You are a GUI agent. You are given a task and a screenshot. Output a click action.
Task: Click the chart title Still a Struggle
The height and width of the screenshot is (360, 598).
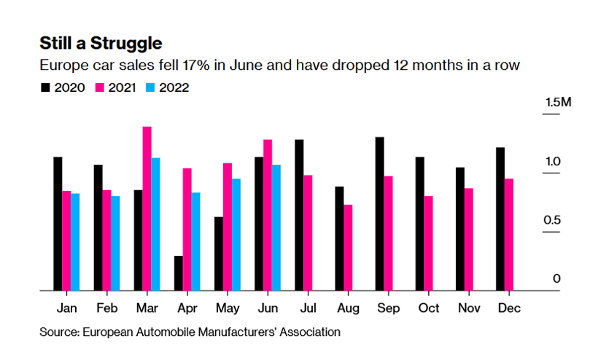[x=101, y=42]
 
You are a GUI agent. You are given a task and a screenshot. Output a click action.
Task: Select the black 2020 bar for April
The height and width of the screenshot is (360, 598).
[x=178, y=273]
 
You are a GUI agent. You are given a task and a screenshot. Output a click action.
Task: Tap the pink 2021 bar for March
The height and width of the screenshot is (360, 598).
[x=147, y=208]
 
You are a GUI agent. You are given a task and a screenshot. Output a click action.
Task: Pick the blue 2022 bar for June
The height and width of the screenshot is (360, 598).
[x=276, y=227]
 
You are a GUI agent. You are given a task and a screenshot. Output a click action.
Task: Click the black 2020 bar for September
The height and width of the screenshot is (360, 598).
[x=380, y=214]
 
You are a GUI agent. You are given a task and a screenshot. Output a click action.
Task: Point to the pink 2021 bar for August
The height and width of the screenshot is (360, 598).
[x=348, y=248]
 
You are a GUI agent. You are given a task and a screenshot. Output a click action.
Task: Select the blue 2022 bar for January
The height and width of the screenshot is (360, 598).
[x=75, y=242]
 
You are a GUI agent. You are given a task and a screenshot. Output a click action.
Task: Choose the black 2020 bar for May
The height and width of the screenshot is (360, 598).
[x=218, y=254]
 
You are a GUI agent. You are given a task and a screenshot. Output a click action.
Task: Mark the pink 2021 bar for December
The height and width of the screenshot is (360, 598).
[x=509, y=235]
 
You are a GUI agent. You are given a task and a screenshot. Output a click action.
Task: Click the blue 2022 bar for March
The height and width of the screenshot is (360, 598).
[x=155, y=224]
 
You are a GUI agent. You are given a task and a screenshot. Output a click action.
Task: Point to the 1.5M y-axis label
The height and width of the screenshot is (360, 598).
[x=558, y=103]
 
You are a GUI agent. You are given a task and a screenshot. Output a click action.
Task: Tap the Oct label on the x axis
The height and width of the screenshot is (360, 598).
[x=428, y=308]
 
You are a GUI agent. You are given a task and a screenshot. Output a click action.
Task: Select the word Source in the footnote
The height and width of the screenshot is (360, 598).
[x=59, y=332]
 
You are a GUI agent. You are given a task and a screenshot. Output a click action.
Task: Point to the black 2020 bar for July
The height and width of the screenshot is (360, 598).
[x=299, y=215]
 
